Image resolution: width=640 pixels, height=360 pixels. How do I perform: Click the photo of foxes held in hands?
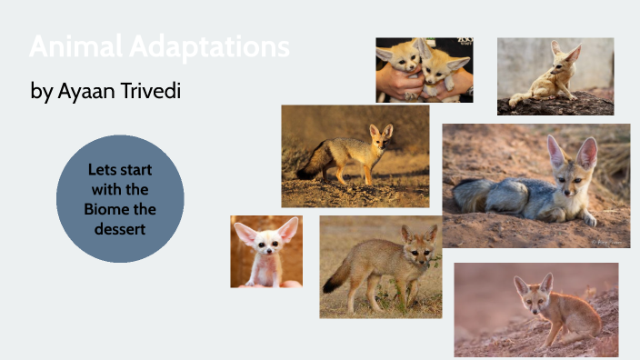(425, 69)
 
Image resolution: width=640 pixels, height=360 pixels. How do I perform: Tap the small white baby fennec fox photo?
(265, 251)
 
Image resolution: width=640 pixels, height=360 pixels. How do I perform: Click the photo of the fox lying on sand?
(535, 185)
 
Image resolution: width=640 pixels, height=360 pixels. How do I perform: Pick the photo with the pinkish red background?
(535, 309)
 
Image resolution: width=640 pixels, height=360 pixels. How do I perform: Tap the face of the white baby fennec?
(267, 243)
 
